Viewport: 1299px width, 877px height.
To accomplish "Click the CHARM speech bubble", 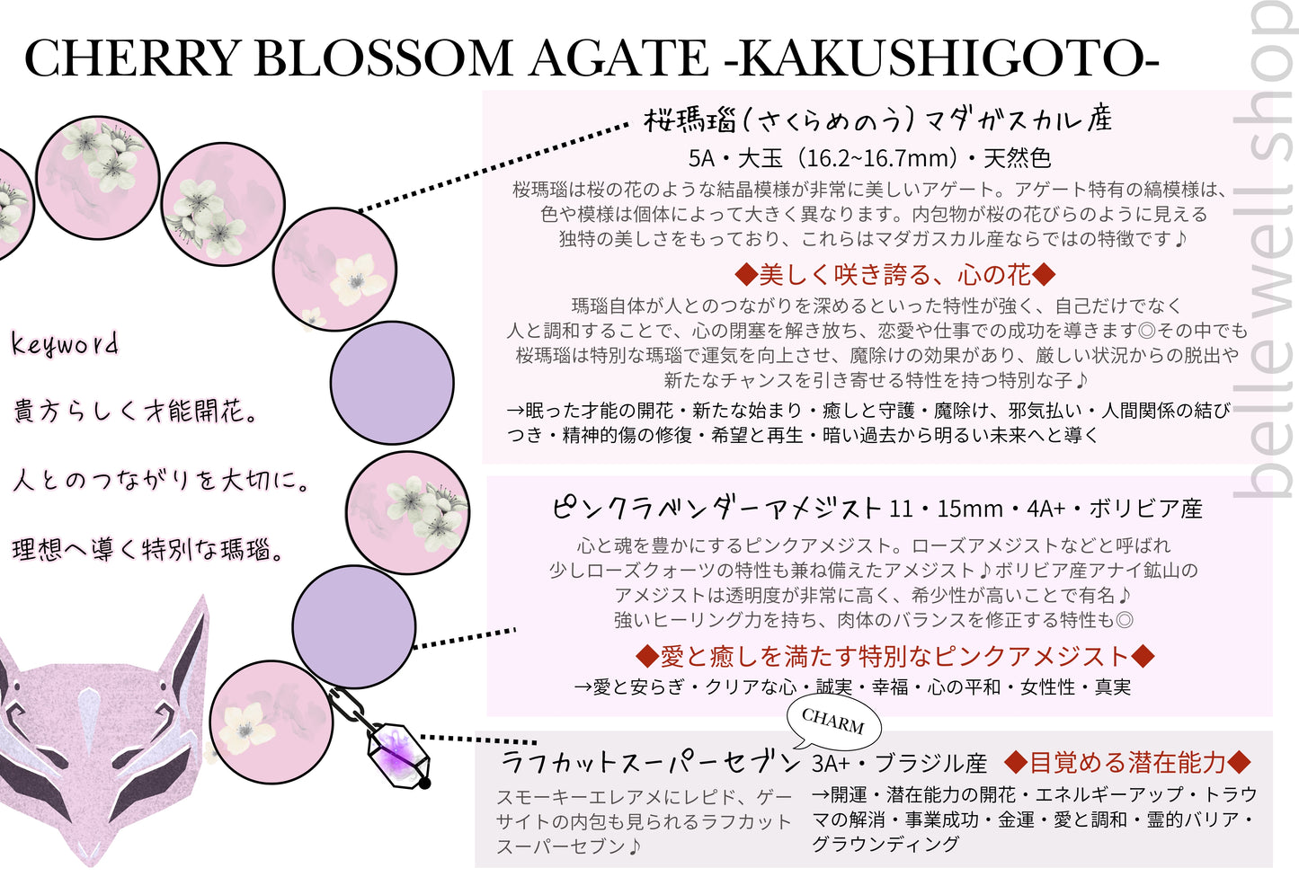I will coord(832,721).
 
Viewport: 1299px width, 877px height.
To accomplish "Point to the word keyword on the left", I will coord(65,344).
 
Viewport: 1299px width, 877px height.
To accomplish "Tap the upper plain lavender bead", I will coord(391,382).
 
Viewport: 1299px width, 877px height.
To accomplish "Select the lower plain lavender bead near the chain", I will coord(353,626).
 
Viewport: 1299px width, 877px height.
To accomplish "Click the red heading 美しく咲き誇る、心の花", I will coord(894,274).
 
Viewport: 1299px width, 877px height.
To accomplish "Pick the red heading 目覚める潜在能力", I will coord(1127,763).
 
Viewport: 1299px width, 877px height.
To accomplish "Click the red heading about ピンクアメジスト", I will coord(894,656).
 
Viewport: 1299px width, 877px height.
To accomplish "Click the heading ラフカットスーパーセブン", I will coord(649,763).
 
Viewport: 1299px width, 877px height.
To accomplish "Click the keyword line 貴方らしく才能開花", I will coord(136,412).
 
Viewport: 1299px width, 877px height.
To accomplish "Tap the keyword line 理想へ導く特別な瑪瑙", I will coord(148,549).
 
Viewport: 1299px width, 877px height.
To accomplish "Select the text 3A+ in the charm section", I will coord(830,764).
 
